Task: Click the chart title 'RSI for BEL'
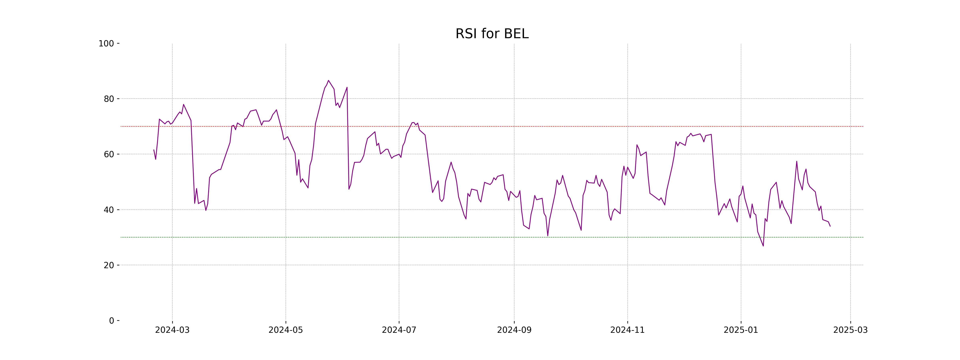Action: [492, 34]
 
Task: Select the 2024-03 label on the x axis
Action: [172, 330]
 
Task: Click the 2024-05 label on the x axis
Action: [286, 330]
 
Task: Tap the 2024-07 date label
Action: [399, 330]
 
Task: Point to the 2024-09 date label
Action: [514, 330]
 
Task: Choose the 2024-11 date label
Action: [628, 330]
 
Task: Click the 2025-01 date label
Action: [741, 330]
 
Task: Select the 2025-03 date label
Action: [850, 330]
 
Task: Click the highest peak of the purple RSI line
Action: [328, 80]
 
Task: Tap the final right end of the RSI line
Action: [830, 226]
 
